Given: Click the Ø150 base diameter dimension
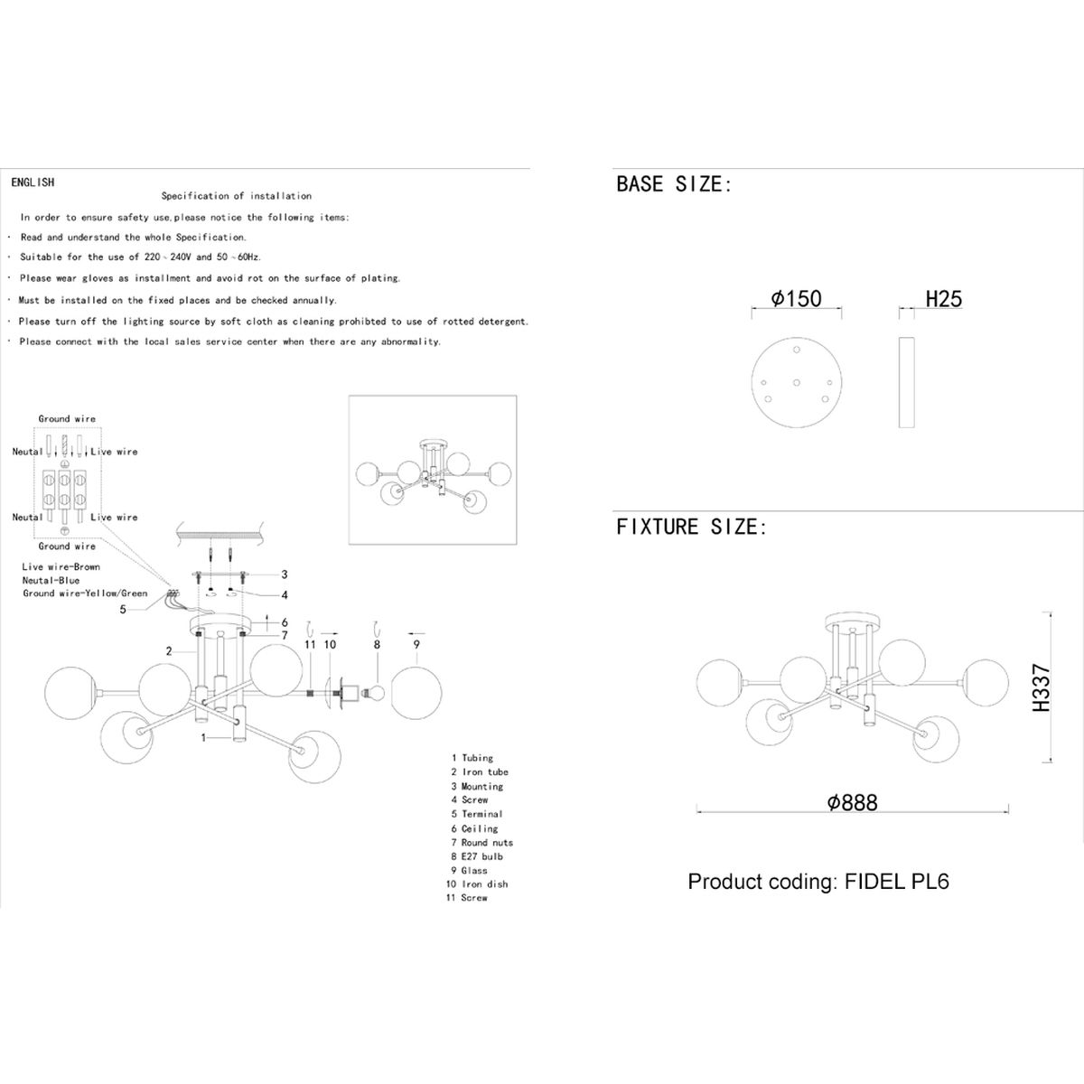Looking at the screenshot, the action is pyautogui.click(x=796, y=299).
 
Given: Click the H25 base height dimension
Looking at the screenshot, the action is pyautogui.click(x=943, y=299).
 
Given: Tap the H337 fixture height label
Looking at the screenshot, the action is pyautogui.click(x=1042, y=687).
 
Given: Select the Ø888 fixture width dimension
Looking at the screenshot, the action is pyautogui.click(x=852, y=802).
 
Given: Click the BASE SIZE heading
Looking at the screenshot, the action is pyautogui.click(x=674, y=184).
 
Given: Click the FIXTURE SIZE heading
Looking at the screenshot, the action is pyautogui.click(x=691, y=527).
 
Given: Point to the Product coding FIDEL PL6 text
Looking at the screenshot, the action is pyautogui.click(x=818, y=882).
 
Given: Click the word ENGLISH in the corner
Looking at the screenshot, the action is pyautogui.click(x=33, y=182).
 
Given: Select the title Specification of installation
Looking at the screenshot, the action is pyautogui.click(x=237, y=196).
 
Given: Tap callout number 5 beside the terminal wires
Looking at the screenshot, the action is pyautogui.click(x=123, y=609).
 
